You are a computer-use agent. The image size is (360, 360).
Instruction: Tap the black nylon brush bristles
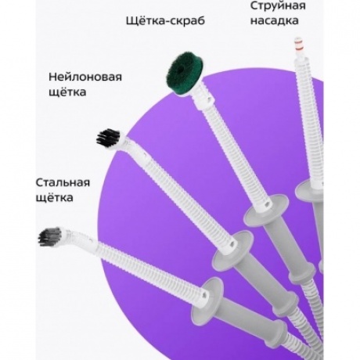(x=109, y=138)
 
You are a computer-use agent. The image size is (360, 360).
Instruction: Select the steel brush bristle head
(x=50, y=236)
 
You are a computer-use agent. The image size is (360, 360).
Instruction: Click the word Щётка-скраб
(x=165, y=20)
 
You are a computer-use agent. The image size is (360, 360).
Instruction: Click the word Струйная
(x=278, y=5)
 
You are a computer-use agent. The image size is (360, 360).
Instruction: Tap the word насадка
(x=275, y=20)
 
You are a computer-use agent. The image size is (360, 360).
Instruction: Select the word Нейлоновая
(x=85, y=77)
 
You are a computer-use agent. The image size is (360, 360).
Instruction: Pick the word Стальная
(x=63, y=182)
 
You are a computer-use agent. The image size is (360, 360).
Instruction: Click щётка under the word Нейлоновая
(x=67, y=92)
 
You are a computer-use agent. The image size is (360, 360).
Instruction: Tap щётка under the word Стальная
(x=54, y=197)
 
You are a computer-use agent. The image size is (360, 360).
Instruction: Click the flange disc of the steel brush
(x=207, y=299)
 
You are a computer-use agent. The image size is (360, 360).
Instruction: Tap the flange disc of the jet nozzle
(x=310, y=191)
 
